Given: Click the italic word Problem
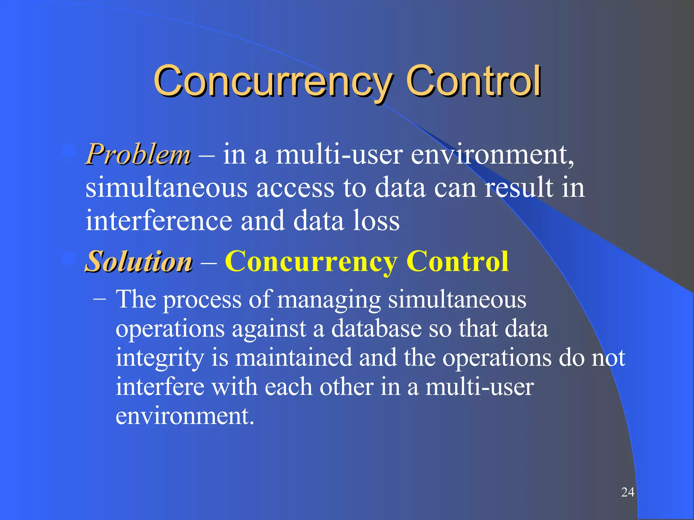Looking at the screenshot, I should (138, 155).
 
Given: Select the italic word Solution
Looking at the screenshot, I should (139, 262).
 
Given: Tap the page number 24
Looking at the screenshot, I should (628, 492).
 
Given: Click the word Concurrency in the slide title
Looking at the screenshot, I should (273, 81).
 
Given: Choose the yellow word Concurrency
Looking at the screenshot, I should (311, 262).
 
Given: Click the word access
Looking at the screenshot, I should (295, 188).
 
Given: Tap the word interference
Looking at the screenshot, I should (159, 221).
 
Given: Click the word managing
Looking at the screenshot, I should (329, 300).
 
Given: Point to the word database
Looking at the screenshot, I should (376, 328).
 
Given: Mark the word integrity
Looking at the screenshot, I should (160, 358).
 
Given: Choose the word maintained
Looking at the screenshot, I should (294, 357).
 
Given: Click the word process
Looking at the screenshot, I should (202, 300).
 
